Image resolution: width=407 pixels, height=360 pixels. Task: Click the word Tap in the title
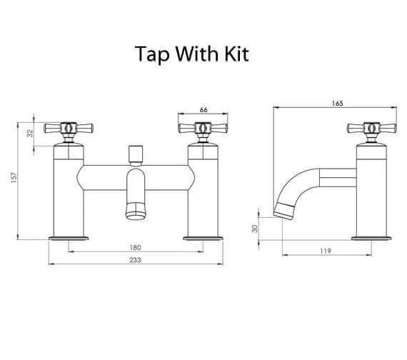coord(152,54)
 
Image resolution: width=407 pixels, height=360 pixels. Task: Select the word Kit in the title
coord(237,54)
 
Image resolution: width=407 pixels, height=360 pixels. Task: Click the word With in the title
coord(197,54)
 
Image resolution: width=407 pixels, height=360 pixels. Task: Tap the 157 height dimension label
coord(14,178)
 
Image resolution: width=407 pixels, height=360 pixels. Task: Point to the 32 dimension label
coord(31,134)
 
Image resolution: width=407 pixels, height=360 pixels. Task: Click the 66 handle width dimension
coord(203,110)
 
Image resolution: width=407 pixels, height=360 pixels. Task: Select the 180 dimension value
coord(135,248)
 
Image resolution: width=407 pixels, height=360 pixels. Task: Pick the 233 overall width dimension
coord(135,260)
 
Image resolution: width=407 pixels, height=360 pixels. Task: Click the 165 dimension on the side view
coord(337,104)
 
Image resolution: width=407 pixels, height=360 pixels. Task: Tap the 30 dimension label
coord(256,229)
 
